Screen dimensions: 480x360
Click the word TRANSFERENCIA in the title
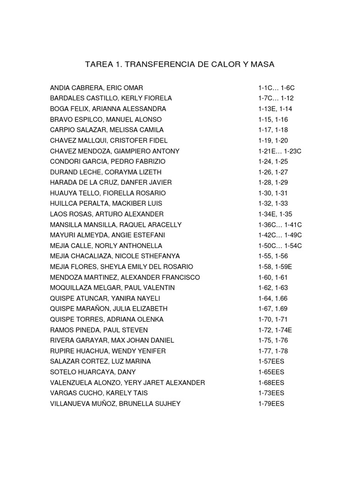[152, 64]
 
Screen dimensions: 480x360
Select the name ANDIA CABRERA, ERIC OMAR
[97, 88]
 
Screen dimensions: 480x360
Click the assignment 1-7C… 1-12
[276, 98]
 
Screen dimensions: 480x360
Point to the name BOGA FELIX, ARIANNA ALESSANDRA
[108, 109]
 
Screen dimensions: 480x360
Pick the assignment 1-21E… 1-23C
[280, 151]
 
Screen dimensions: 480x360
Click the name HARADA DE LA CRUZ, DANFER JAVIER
[111, 182]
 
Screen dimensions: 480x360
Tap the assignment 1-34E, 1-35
[275, 214]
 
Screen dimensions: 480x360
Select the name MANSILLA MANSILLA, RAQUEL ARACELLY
[116, 225]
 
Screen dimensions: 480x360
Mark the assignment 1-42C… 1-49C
[280, 235]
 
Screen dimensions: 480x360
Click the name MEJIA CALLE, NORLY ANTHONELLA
[106, 246]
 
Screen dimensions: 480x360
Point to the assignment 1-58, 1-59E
[275, 267]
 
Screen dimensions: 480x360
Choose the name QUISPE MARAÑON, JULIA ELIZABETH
[108, 309]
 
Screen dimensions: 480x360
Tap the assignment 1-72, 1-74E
[275, 330]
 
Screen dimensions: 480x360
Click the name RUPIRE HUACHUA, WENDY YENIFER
[108, 351]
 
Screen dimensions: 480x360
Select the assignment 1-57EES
[271, 361]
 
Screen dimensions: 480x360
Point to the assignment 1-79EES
[271, 404]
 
